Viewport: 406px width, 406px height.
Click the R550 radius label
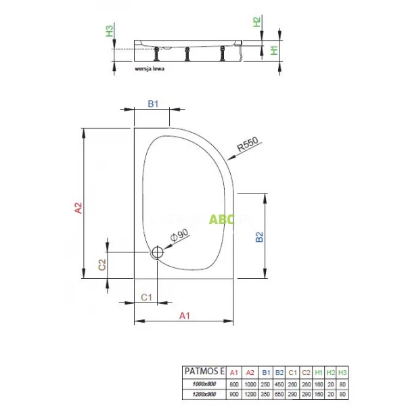(x=247, y=149)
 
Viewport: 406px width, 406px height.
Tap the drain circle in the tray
(x=157, y=253)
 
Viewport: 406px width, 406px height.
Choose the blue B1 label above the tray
(x=153, y=104)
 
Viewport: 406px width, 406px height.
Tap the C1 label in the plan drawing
(x=145, y=296)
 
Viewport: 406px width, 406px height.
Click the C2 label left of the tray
(x=102, y=265)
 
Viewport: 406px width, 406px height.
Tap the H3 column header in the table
(x=344, y=371)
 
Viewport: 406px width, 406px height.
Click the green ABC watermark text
(x=220, y=219)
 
